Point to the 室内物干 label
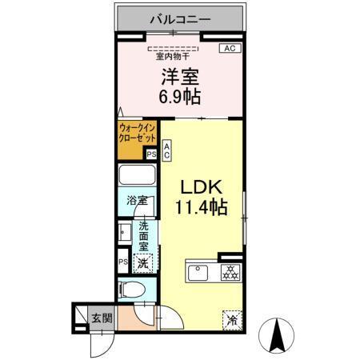pos(173,56)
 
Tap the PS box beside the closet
pos(151,155)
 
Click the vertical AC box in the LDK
pos(166,151)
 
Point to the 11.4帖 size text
pos(202,207)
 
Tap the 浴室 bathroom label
pos(137,201)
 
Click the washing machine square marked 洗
pos(142,262)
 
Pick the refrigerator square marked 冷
pos(231,318)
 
